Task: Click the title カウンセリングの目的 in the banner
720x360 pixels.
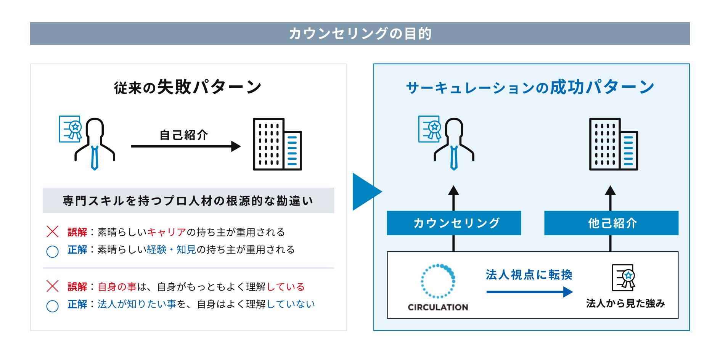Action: (x=360, y=34)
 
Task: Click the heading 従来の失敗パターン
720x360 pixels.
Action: (x=188, y=87)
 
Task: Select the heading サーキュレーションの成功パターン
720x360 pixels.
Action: (x=530, y=87)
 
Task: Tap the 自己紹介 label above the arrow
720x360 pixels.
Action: (x=184, y=135)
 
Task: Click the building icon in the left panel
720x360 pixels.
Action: (x=277, y=144)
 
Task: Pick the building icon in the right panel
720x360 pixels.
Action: (x=613, y=144)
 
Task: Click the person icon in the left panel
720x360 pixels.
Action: (x=95, y=143)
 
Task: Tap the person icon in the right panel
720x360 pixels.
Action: (x=454, y=143)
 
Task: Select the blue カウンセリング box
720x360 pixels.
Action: (x=454, y=223)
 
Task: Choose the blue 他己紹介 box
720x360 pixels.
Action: (x=611, y=223)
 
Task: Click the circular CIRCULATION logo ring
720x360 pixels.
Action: (x=438, y=281)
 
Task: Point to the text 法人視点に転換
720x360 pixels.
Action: (x=529, y=275)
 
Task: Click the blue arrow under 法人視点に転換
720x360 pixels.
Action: (x=529, y=292)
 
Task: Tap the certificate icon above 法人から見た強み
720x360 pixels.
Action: (x=624, y=277)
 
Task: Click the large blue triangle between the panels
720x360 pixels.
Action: (x=365, y=192)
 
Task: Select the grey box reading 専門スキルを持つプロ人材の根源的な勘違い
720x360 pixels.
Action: (x=188, y=201)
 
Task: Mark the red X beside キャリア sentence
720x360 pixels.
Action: (x=53, y=231)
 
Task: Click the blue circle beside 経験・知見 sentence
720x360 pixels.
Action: (x=53, y=251)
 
